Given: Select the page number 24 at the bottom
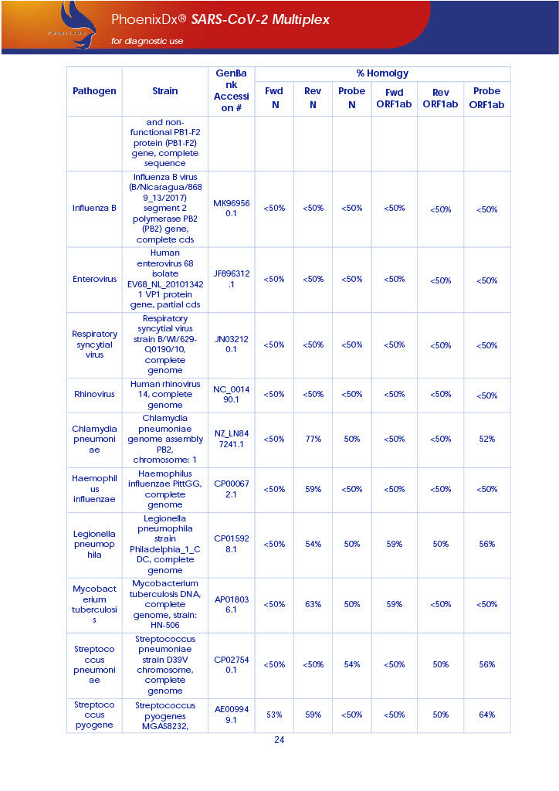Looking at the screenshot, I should [x=279, y=740].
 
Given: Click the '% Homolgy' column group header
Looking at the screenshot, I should [x=382, y=73].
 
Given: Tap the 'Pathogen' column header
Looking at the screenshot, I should [x=94, y=90].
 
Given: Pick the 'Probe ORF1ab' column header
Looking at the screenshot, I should [x=486, y=97].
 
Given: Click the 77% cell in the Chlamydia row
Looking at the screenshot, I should [x=313, y=439].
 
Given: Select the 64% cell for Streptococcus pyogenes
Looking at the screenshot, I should [x=486, y=715].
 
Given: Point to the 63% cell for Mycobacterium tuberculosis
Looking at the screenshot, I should [x=313, y=604].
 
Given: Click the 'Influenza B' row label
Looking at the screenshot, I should [x=94, y=209].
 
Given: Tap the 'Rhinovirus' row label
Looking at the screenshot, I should [x=94, y=395].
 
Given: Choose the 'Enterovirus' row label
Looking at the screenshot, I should [x=94, y=279].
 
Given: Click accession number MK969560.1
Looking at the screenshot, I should [x=232, y=208].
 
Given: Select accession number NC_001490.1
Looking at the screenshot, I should [x=232, y=395].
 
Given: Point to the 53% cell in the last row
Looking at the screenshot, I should [x=274, y=715].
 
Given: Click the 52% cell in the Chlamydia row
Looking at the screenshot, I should [x=486, y=439].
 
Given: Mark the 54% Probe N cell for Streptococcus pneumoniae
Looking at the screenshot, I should [x=351, y=664].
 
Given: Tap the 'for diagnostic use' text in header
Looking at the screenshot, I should [x=147, y=41].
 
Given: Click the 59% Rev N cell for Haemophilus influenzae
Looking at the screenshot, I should [x=313, y=489].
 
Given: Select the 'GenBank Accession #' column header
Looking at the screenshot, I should [x=232, y=90].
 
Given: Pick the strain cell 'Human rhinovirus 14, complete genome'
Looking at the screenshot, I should [x=165, y=395].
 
